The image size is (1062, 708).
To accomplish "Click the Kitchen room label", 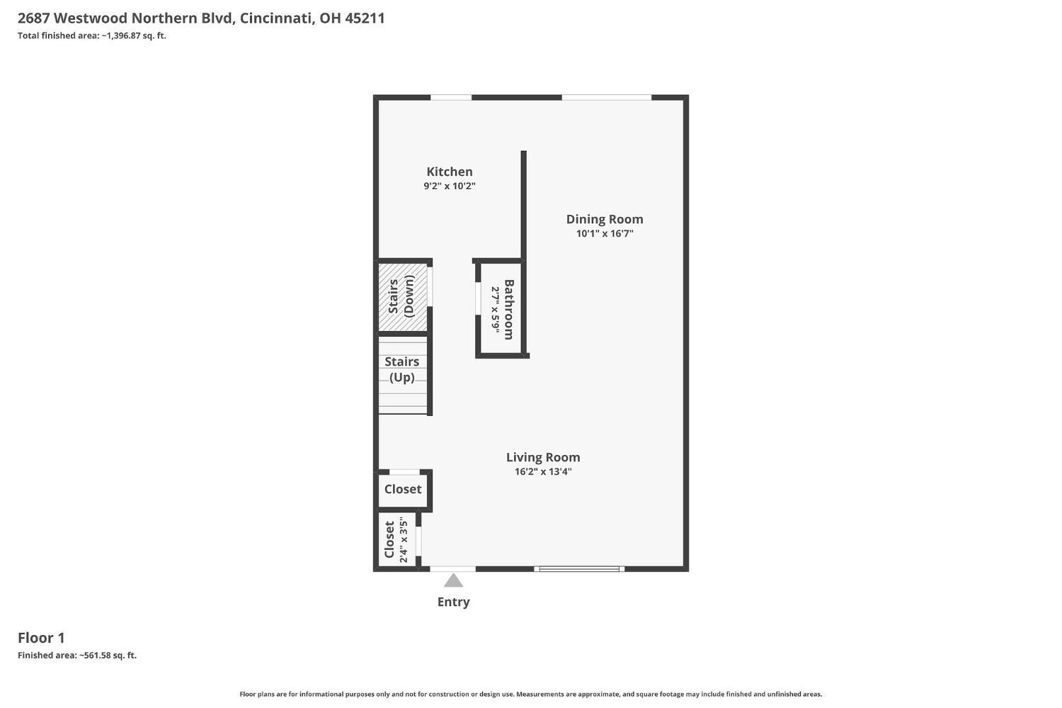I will [449, 172].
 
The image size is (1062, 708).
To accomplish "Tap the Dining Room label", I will [604, 219].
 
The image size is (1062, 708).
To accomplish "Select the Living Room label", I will [543, 457].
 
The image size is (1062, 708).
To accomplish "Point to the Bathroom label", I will [508, 310].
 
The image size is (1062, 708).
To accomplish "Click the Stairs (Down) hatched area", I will [402, 296].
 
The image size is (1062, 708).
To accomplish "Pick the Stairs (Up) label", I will [402, 369].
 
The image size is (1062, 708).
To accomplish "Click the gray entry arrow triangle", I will [453, 581].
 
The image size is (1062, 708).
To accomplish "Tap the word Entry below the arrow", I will [453, 602].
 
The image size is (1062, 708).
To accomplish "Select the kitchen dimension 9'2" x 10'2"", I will [449, 186].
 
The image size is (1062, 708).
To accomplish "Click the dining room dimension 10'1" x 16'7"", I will [604, 233].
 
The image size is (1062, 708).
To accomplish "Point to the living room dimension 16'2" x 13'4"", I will [543, 472].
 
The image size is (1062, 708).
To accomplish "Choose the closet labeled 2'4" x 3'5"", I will [396, 541].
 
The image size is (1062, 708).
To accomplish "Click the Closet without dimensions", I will [403, 489].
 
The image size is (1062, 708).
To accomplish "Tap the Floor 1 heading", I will [41, 637].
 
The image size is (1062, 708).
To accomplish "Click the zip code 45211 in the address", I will [365, 18].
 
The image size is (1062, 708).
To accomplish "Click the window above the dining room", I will [606, 97].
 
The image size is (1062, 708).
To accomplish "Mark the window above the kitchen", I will [451, 97].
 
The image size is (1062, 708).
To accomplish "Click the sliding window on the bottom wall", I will [579, 568].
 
